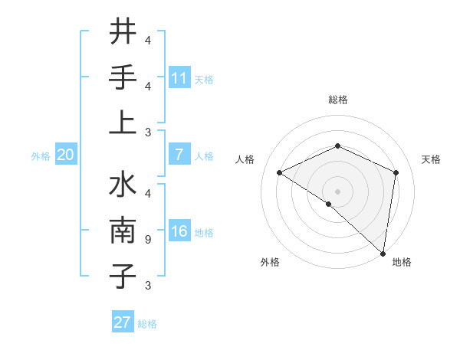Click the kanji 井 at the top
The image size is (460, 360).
[123, 31]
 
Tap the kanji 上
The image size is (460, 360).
[123, 123]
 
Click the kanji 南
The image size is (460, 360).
[123, 231]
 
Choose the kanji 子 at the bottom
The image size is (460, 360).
[123, 276]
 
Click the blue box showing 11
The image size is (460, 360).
[179, 78]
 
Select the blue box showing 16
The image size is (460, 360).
[179, 232]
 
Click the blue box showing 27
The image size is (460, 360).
[123, 322]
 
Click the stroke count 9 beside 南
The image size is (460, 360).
[148, 240]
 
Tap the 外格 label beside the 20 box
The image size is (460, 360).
[41, 156]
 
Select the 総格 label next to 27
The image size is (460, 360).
[147, 324]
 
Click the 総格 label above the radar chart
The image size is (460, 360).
[337, 100]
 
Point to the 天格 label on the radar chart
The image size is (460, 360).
[431, 159]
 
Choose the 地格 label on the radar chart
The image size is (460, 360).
[402, 263]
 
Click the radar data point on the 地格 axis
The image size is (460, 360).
[382, 252]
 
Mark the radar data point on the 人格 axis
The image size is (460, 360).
[280, 172]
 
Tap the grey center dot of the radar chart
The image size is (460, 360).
[337, 191]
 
